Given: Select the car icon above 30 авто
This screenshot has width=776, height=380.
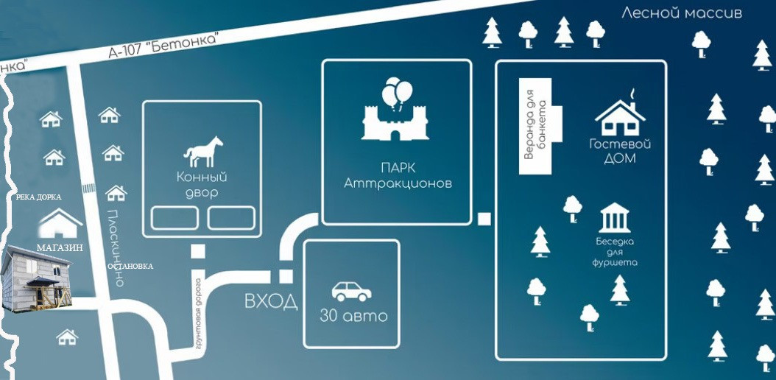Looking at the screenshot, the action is point(351,291).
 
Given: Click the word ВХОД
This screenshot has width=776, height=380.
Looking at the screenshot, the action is point(271,301).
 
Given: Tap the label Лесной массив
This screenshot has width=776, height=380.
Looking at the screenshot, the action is point(682,13).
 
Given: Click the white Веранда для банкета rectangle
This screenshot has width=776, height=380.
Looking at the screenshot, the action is point(536,127).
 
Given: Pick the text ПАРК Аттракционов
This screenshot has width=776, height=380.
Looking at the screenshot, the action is point(398,176).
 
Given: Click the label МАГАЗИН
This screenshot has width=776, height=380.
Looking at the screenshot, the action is point(60,249).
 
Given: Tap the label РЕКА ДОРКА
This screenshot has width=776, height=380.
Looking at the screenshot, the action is point(38,197).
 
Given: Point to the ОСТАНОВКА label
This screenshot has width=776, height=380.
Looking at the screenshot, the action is point(130,266).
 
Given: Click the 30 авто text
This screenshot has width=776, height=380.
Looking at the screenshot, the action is point(353,317).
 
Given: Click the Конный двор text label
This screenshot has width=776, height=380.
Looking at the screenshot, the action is point(201,184).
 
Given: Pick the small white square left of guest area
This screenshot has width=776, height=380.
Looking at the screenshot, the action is point(484,218).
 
